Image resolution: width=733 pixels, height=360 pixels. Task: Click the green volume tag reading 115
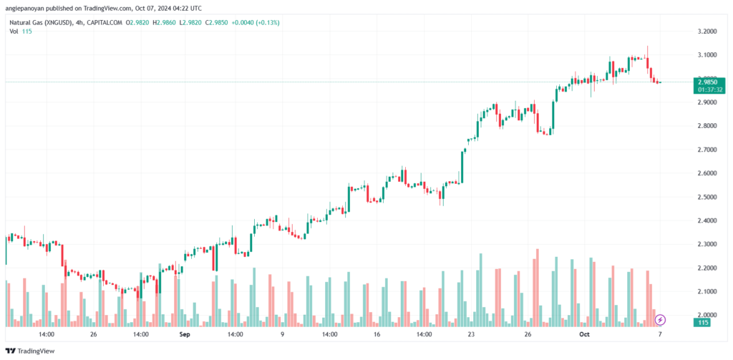[705, 323]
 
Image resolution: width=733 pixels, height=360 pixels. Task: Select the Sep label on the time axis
[185, 334]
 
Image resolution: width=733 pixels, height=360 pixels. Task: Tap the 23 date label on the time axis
[470, 334]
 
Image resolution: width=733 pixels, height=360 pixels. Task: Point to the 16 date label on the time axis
[376, 334]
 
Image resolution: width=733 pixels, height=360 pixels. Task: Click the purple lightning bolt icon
[661, 319]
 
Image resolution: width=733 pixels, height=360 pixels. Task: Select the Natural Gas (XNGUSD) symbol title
[43, 23]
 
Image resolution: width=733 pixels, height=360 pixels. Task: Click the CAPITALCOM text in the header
[105, 23]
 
